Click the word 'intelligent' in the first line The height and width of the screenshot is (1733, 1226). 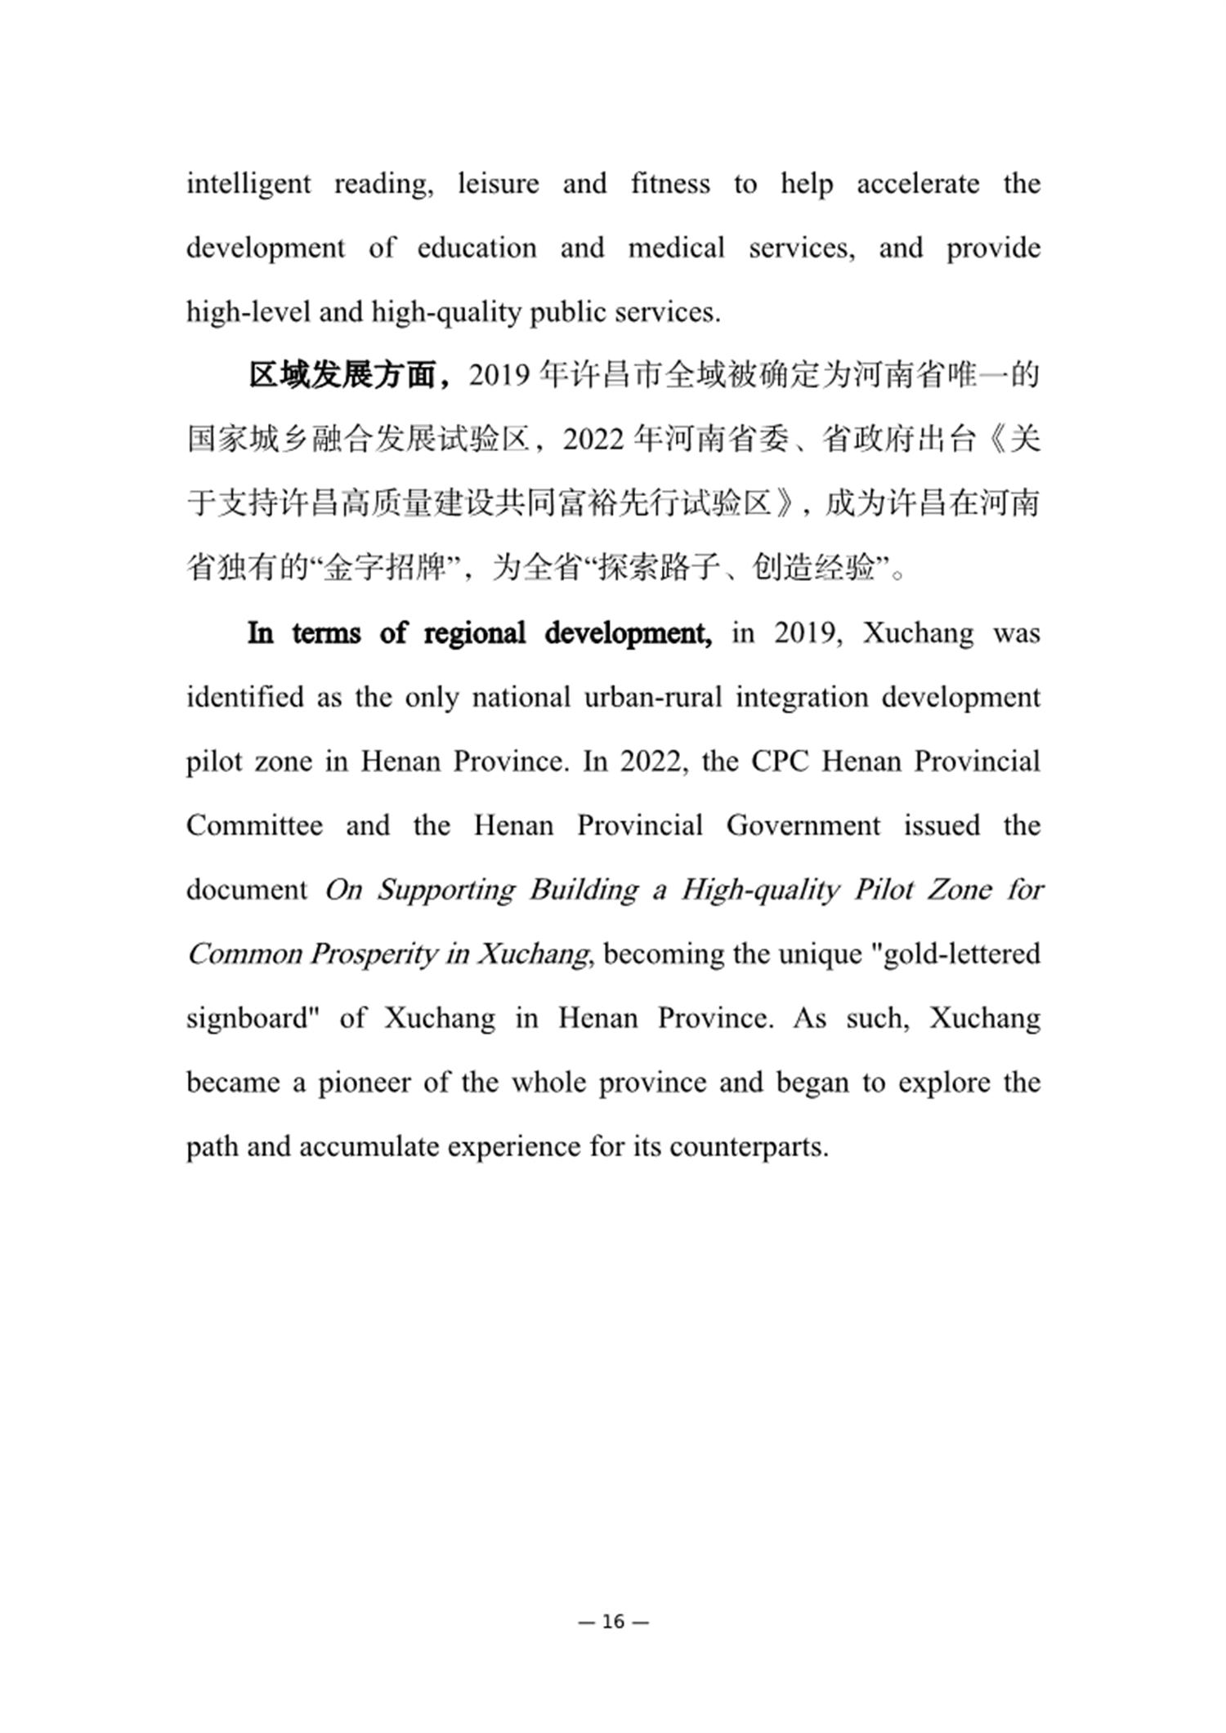(x=248, y=184)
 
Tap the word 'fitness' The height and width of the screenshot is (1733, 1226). (x=670, y=183)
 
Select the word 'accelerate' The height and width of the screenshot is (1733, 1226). (x=918, y=183)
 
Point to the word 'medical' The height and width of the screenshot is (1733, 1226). (x=676, y=248)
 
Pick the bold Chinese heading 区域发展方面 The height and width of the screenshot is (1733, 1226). (x=342, y=376)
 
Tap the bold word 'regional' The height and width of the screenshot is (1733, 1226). (x=474, y=633)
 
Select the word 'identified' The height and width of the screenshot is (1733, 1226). (x=245, y=697)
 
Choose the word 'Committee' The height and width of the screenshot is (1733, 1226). (x=254, y=825)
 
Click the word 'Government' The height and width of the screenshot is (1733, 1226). (x=803, y=825)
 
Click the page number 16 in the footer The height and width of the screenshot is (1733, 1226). (x=613, y=1622)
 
